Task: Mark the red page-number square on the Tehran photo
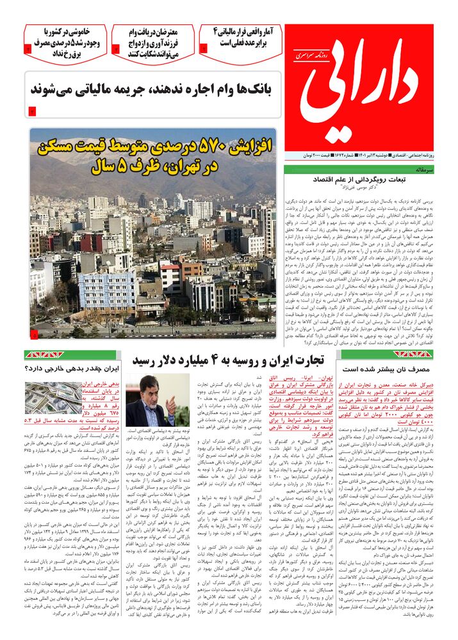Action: (34, 334)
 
